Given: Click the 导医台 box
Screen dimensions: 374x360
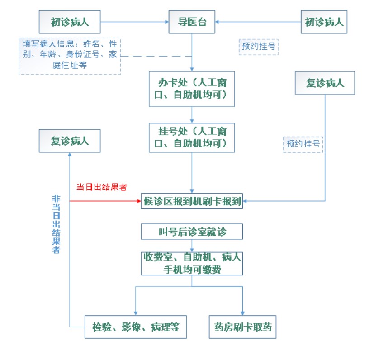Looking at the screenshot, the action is click(x=192, y=22).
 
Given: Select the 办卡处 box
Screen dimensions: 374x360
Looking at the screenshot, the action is click(x=192, y=89).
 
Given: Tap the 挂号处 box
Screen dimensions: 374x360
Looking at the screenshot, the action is click(x=192, y=137).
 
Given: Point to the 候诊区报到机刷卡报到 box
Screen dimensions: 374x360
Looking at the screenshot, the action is click(x=192, y=201).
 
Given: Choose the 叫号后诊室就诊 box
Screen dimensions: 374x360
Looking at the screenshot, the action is click(x=192, y=232).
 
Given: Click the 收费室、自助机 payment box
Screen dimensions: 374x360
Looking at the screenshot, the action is click(x=192, y=264).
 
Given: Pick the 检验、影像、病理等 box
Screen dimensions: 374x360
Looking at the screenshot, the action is click(x=136, y=327).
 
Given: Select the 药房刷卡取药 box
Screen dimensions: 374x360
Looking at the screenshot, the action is click(x=242, y=327).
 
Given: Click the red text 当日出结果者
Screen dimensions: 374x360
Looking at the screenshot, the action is click(x=102, y=187).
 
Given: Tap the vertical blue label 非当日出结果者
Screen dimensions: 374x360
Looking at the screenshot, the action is click(x=56, y=224).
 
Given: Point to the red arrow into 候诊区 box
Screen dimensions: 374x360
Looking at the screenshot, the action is click(x=105, y=201).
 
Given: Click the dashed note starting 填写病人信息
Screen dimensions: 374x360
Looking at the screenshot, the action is click(x=70, y=56).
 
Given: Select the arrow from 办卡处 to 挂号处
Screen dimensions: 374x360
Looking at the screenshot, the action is click(x=192, y=115).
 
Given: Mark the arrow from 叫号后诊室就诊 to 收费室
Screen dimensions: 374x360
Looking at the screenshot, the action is click(x=192, y=246).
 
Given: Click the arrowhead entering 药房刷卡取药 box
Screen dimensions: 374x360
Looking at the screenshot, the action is click(x=242, y=313).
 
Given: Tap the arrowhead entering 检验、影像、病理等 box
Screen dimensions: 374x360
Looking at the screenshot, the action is click(x=136, y=313).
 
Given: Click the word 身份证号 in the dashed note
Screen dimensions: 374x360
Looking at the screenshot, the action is click(x=82, y=54).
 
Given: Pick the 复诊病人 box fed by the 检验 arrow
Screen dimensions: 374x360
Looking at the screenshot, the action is click(x=70, y=141).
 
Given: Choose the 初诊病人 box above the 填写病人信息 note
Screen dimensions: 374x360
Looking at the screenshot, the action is click(x=70, y=22).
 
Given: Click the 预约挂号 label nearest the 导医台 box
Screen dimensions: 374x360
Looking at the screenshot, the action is click(x=259, y=47).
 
